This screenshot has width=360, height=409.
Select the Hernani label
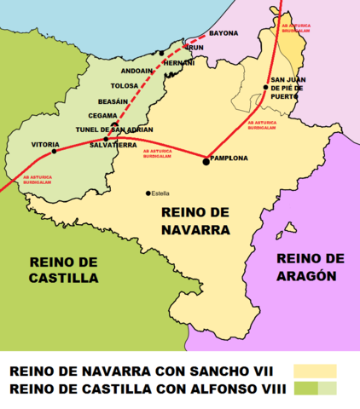coord(179,63)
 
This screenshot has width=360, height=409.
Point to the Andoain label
coord(136,72)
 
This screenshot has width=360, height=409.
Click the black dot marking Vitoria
coord(55,152)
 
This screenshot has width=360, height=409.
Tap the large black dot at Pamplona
coord(206,160)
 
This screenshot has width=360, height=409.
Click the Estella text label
coord(160,193)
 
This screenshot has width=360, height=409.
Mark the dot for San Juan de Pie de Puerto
coord(266,87)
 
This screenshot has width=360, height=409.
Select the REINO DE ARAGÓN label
coord(311,267)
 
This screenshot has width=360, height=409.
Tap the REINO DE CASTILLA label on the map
coord(63,270)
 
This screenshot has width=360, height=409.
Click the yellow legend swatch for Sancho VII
coord(315,371)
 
